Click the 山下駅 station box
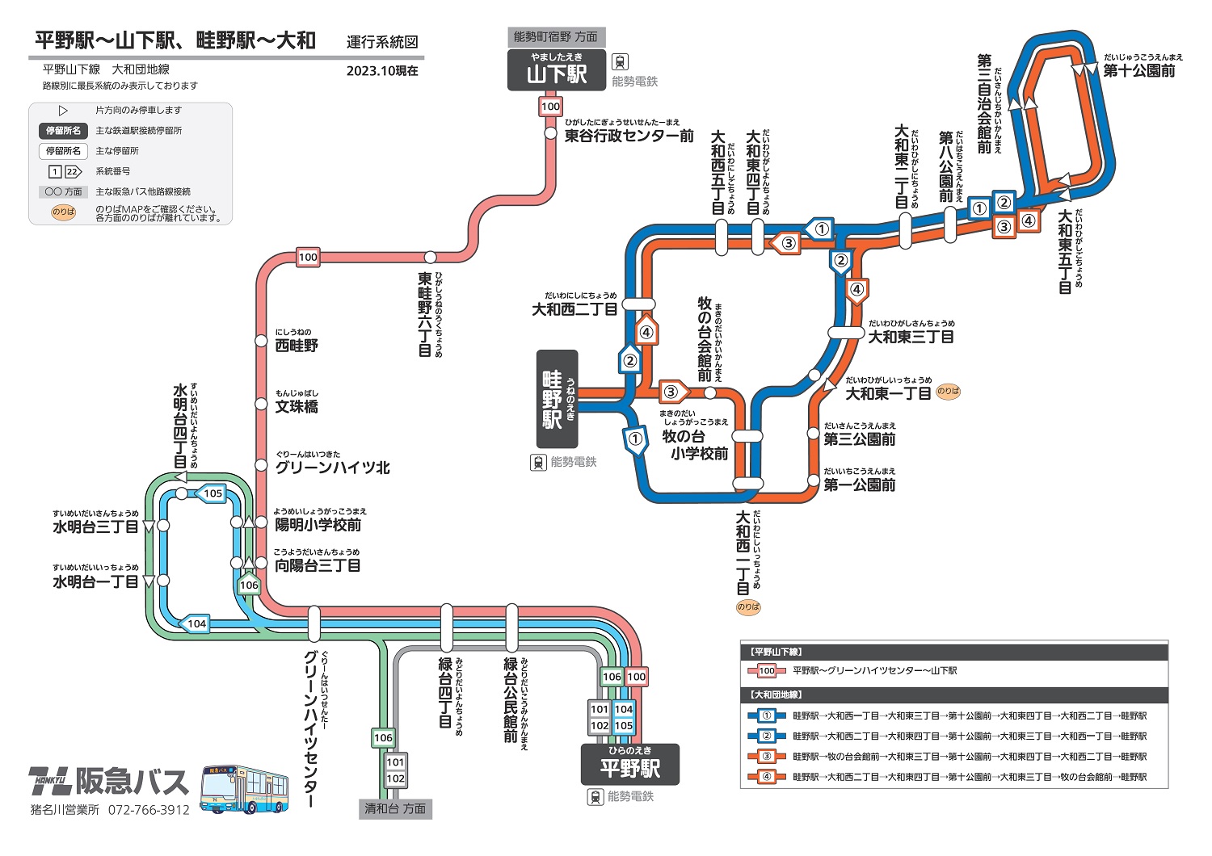(557, 70)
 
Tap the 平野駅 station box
(629, 765)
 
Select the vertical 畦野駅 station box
(558, 399)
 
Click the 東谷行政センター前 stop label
(629, 136)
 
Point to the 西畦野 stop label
(297, 345)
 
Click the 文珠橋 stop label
(297, 406)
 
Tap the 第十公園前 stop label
(1139, 70)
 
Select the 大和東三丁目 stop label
(911, 337)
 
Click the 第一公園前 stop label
(860, 485)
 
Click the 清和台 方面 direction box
(395, 808)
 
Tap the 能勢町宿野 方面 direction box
(556, 37)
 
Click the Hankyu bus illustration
(244, 789)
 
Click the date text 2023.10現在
(382, 70)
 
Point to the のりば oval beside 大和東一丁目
(948, 391)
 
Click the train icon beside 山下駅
(620, 62)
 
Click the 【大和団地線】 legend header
(776, 694)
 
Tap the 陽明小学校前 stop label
(318, 524)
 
